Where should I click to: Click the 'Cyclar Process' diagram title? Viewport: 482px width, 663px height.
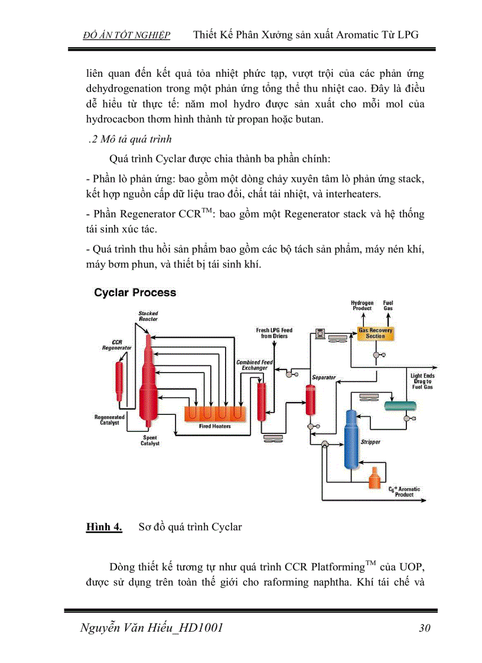(x=135, y=292)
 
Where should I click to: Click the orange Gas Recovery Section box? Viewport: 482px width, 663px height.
(x=375, y=333)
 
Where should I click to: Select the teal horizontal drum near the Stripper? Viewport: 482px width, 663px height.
(x=398, y=406)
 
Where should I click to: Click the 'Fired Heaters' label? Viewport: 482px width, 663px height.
(x=214, y=426)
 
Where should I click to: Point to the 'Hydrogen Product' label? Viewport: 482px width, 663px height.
(x=362, y=305)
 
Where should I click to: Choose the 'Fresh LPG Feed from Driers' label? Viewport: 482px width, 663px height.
(x=274, y=333)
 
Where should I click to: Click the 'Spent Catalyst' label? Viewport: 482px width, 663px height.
(x=149, y=440)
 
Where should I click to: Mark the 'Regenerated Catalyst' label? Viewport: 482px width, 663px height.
(x=109, y=420)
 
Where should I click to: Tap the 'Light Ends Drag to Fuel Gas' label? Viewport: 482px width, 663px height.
(x=422, y=381)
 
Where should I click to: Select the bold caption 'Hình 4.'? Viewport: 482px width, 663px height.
(x=104, y=527)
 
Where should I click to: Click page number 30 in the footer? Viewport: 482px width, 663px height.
(x=424, y=628)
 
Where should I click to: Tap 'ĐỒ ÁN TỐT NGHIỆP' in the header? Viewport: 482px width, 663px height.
(x=127, y=35)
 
